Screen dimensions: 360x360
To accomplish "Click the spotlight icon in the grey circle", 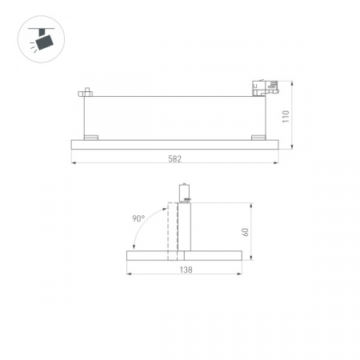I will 38,38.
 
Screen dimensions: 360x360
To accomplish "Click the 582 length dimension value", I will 174,158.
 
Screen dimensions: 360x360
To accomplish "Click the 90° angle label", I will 138,218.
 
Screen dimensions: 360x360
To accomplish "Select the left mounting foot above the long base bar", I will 92,137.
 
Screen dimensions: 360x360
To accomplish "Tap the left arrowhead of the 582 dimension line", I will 74,165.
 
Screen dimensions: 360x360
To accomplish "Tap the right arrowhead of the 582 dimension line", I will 276,165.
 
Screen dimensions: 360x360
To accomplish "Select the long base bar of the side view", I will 174,143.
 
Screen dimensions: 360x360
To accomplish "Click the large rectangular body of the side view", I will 174,114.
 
